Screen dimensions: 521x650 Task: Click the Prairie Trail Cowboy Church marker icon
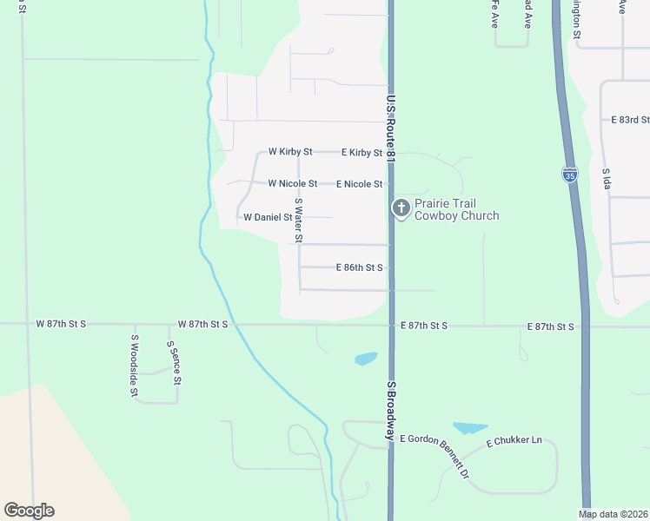tap(401, 207)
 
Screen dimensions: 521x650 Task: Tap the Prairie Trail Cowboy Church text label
tap(456, 210)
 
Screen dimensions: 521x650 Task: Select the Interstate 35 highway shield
tap(569, 174)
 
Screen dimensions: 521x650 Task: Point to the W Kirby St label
tap(290, 152)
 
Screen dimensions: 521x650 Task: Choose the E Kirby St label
tap(361, 153)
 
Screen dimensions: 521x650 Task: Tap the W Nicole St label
tap(292, 184)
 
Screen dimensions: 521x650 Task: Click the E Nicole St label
tap(360, 184)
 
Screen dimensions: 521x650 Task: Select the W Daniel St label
tap(267, 217)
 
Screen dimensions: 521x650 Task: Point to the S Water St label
tap(298, 220)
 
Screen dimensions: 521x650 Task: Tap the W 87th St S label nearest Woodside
tap(61, 324)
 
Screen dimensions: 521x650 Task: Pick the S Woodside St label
tap(135, 366)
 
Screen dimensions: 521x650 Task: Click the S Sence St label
tap(174, 363)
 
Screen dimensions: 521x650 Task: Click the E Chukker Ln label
tap(514, 441)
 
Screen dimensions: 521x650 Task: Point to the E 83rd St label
tap(630, 120)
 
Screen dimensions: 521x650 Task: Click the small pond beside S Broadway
tap(366, 358)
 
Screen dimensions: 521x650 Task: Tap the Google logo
tap(29, 511)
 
